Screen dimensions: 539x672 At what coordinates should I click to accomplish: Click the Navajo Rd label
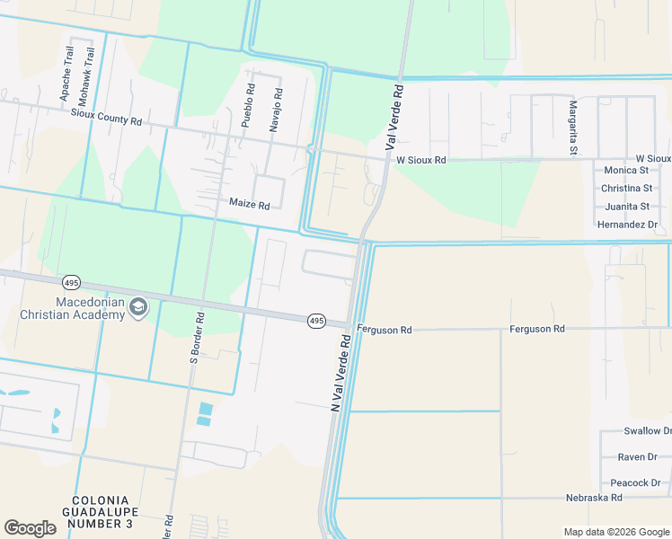pyautogui.click(x=279, y=105)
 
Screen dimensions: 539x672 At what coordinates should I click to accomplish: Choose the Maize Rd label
pyautogui.click(x=249, y=205)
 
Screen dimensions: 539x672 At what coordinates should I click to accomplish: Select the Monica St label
pyautogui.click(x=626, y=170)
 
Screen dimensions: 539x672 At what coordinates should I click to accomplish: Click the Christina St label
pyautogui.click(x=626, y=188)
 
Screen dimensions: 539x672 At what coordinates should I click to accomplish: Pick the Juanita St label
pyautogui.click(x=627, y=206)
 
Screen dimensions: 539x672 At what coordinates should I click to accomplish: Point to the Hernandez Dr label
pyautogui.click(x=627, y=224)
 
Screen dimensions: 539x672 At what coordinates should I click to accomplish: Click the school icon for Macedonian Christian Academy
pyautogui.click(x=137, y=308)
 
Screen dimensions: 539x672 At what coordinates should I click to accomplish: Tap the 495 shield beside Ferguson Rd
pyautogui.click(x=316, y=321)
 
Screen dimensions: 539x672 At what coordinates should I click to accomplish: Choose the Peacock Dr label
pyautogui.click(x=635, y=482)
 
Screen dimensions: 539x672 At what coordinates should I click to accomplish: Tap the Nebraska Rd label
pyautogui.click(x=594, y=497)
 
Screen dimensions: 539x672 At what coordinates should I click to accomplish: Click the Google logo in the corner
pyautogui.click(x=31, y=528)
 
